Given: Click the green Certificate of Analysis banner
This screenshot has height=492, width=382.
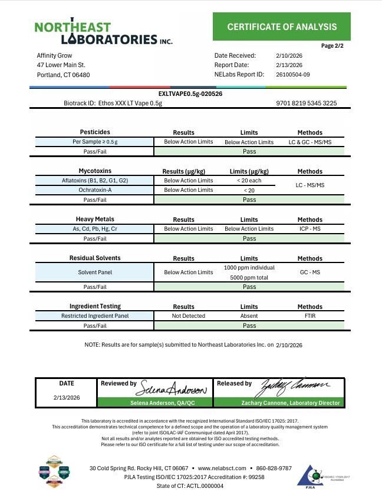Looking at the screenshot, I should click(282, 26).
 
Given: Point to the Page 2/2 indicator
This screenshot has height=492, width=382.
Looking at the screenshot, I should click(332, 45).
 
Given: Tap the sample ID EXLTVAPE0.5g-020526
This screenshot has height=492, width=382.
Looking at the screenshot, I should click(190, 94).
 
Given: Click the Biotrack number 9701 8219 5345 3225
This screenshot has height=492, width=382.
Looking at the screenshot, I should click(306, 103).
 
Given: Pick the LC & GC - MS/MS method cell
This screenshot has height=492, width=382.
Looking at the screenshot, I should click(309, 142).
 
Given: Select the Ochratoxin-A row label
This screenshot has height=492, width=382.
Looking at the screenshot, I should click(95, 190).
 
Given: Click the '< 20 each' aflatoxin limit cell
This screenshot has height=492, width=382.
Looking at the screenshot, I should click(249, 181).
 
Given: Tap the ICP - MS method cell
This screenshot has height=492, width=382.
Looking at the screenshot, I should click(309, 229).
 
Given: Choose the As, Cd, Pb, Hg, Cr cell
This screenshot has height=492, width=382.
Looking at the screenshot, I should click(95, 229).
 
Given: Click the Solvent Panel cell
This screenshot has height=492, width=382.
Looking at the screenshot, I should click(95, 272).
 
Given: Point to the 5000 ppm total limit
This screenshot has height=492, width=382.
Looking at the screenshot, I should click(249, 277).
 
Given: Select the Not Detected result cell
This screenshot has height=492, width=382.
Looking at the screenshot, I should click(189, 316).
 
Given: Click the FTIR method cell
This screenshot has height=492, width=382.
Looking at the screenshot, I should click(309, 316).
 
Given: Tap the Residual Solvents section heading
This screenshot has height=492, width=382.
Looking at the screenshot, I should click(95, 258).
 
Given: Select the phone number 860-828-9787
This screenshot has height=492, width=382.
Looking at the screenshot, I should click(274, 468).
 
